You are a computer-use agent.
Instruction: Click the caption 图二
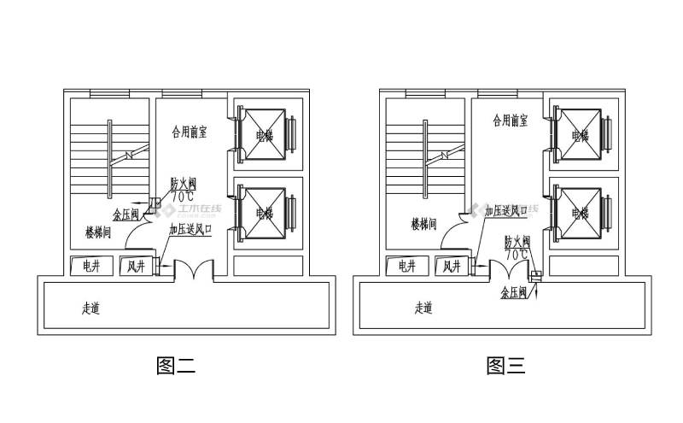pyautogui.click(x=177, y=367)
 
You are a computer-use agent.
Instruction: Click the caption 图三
pyautogui.click(x=505, y=367)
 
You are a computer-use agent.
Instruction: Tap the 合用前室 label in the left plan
pyautogui.click(x=189, y=132)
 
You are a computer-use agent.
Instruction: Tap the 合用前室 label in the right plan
pyautogui.click(x=510, y=121)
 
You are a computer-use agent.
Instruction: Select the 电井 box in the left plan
pyautogui.click(x=90, y=266)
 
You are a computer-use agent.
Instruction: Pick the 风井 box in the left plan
pyautogui.click(x=137, y=266)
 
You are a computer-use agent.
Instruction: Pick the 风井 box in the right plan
pyautogui.click(x=452, y=266)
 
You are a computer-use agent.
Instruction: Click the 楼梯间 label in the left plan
pyautogui.click(x=97, y=232)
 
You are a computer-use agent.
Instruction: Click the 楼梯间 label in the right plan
pyautogui.click(x=423, y=224)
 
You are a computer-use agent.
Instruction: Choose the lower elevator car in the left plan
pyautogui.click(x=265, y=213)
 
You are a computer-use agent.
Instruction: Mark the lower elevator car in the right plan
pyautogui.click(x=581, y=213)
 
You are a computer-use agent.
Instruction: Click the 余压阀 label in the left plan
pyautogui.click(x=126, y=215)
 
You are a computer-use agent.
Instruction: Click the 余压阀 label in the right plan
pyautogui.click(x=514, y=292)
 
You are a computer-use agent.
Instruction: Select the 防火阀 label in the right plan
pyautogui.click(x=517, y=242)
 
